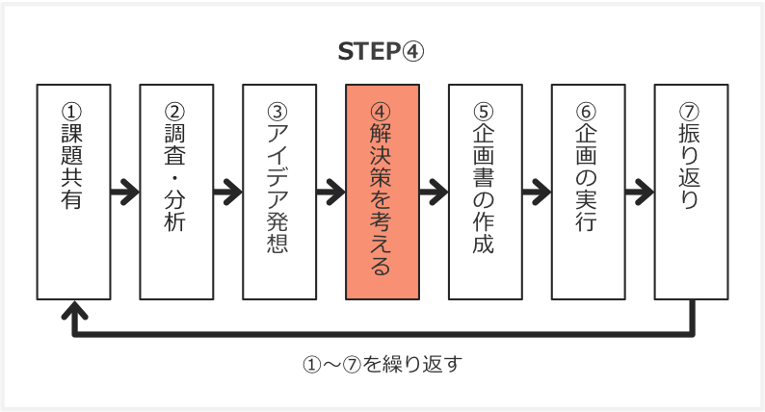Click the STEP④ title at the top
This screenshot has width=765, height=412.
381,52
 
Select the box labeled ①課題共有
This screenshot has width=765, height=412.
73,192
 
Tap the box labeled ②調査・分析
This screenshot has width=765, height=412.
176,192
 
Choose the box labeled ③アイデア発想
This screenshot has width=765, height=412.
279,192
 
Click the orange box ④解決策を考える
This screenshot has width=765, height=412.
382,192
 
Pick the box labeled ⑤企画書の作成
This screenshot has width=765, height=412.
485,192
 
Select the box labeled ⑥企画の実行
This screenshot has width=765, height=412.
588,192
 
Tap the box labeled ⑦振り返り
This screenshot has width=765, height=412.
691,192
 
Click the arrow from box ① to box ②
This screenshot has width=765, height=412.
124,192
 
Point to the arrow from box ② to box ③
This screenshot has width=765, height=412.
227,192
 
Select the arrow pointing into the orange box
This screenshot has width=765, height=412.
330,192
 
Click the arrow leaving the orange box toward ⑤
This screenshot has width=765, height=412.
434,192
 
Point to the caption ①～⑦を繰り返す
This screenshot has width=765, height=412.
383,366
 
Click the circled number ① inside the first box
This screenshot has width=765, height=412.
73,109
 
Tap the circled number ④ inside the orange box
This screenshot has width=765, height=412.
382,109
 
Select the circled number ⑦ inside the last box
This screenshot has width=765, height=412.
691,109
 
